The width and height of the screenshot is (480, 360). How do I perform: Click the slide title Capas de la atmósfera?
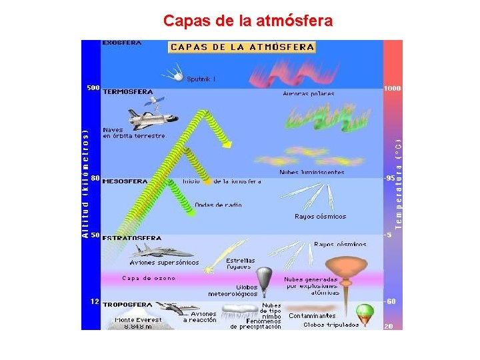[248, 21]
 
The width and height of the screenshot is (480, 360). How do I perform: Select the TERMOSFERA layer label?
[127, 92]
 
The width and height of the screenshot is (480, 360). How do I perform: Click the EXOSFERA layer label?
[121, 43]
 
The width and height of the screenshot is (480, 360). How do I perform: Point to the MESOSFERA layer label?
[125, 181]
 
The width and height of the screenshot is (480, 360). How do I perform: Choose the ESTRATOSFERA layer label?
[132, 237]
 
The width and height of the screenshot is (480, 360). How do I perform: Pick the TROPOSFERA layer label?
[127, 304]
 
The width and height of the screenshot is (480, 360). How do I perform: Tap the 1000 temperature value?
[392, 89]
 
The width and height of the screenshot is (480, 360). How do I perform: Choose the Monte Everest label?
[138, 320]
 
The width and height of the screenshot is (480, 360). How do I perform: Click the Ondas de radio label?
[219, 205]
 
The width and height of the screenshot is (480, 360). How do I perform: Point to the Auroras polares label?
[309, 94]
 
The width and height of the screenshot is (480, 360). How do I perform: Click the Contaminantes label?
[312, 315]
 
